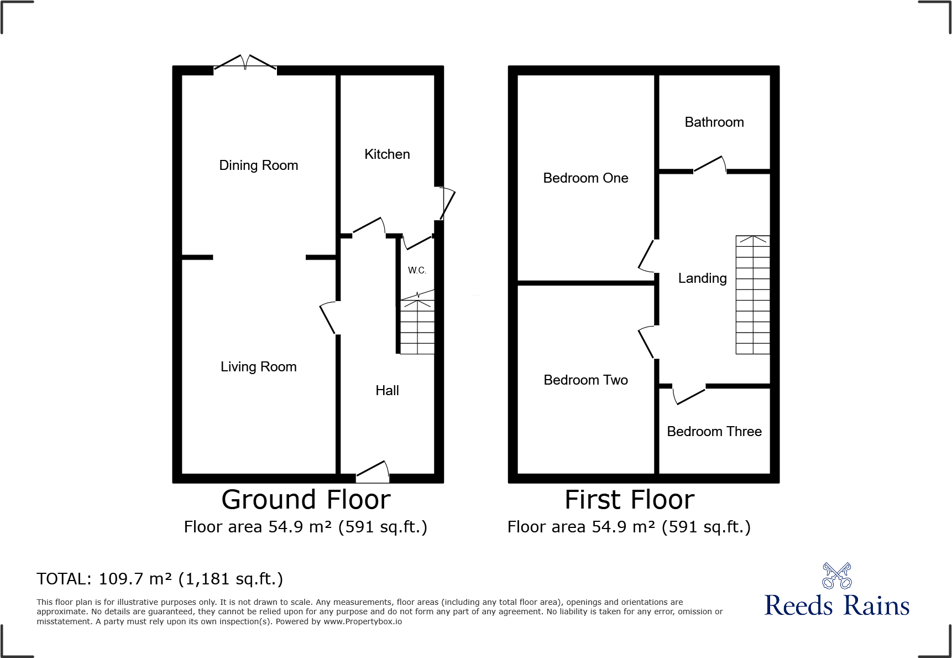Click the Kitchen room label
click(x=387, y=154)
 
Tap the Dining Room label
click(x=259, y=165)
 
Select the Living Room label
click(x=259, y=367)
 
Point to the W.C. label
click(x=417, y=271)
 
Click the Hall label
click(x=387, y=391)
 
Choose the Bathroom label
click(x=714, y=122)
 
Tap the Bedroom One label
click(x=586, y=178)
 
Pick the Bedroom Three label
click(x=714, y=432)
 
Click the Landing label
click(x=703, y=278)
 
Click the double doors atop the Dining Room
click(x=245, y=62)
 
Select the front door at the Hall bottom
click(x=373, y=469)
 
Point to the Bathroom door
click(x=709, y=164)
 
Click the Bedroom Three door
click(x=689, y=395)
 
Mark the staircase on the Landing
click(x=752, y=295)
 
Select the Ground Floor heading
click(x=306, y=500)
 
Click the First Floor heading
click(x=629, y=500)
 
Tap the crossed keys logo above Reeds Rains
click(x=837, y=576)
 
